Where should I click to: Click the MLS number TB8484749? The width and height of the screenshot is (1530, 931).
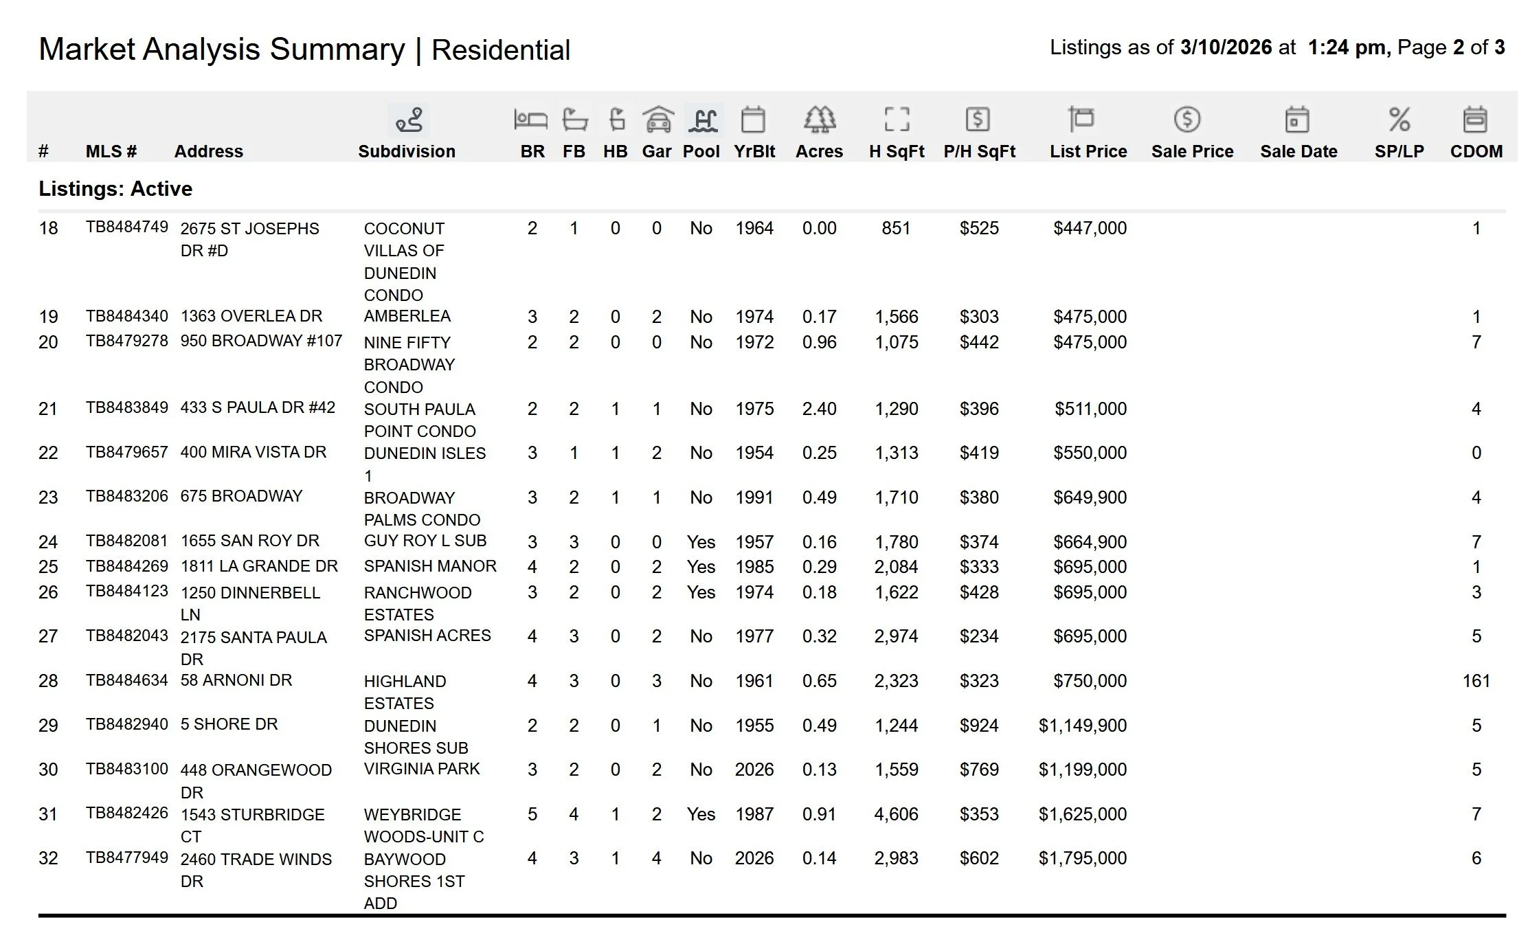[x=126, y=227]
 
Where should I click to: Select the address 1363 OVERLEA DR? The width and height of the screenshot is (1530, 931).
[x=251, y=316]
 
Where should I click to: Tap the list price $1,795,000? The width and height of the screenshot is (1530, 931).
[x=1082, y=858]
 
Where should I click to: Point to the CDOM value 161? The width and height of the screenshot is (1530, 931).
[x=1476, y=681]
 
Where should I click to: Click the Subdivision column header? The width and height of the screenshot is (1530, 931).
[x=406, y=151]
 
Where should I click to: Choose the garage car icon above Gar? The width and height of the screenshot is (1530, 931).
[x=657, y=120]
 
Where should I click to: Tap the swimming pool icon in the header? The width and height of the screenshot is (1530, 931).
[x=702, y=120]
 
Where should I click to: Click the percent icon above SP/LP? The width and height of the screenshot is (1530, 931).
[x=1399, y=120]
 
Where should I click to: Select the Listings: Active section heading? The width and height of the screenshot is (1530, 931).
[x=115, y=189]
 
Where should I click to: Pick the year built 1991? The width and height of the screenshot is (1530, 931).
[x=754, y=497]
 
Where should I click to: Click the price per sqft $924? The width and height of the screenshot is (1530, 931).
[x=979, y=726]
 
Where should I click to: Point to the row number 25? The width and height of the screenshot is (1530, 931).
[x=48, y=567]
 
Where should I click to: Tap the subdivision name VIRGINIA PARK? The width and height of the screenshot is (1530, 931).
[x=422, y=769]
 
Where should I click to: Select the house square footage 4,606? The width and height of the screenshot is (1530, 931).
[x=896, y=814]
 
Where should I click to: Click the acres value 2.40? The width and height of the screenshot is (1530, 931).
[x=819, y=409]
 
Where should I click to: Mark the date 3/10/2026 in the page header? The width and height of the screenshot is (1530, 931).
[x=1226, y=47]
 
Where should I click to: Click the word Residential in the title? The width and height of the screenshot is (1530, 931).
[x=501, y=50]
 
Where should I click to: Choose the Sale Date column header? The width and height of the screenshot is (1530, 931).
[x=1298, y=151]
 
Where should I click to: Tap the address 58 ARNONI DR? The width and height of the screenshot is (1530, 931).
[x=236, y=680]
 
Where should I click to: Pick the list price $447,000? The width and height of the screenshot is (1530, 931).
[x=1090, y=228]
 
